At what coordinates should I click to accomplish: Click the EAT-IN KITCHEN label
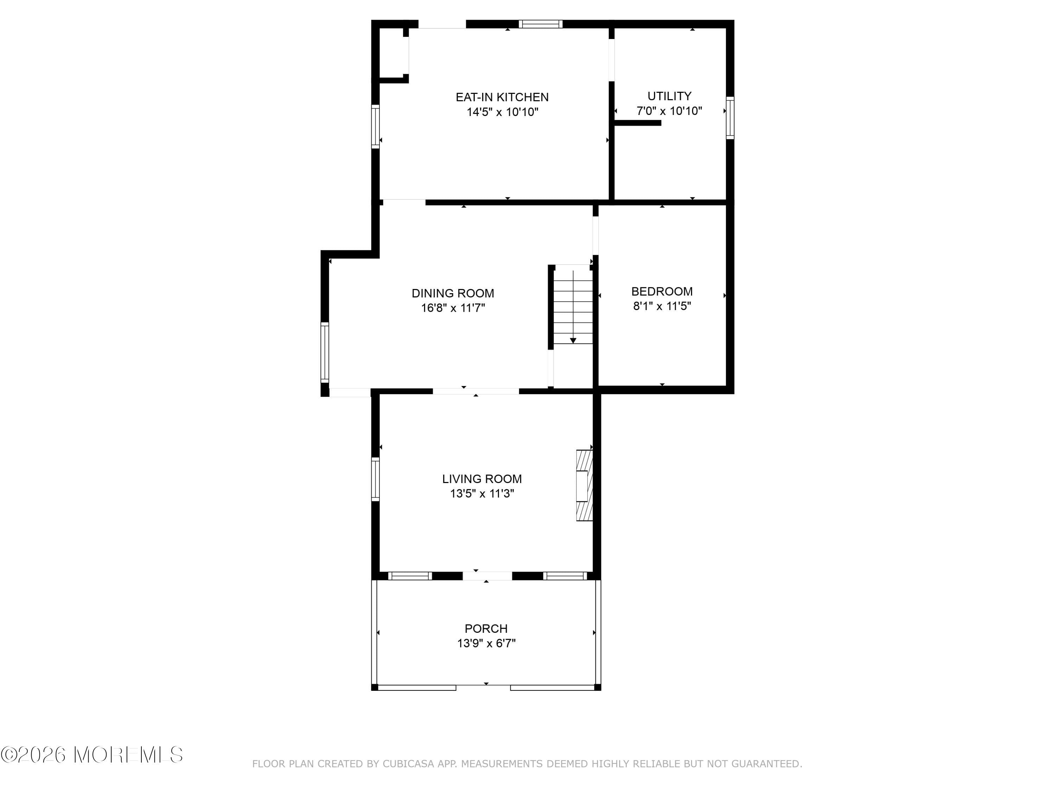502,97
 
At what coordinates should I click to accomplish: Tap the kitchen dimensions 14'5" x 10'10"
502,112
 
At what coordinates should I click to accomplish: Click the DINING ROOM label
453,293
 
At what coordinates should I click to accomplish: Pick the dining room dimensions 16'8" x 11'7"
453,308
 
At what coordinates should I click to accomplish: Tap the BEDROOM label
661,291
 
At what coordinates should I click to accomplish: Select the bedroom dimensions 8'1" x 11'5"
661,306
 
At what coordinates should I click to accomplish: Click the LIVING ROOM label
482,479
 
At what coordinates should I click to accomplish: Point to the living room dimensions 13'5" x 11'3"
482,494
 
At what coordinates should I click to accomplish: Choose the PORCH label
486,629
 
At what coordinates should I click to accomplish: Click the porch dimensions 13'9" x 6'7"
486,643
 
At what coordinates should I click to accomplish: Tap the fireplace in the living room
584,485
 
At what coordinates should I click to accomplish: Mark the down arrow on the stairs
573,340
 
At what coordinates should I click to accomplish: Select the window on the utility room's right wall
730,118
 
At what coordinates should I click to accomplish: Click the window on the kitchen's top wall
541,24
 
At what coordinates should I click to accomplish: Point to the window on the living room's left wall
375,479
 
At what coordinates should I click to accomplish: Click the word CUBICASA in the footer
409,764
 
